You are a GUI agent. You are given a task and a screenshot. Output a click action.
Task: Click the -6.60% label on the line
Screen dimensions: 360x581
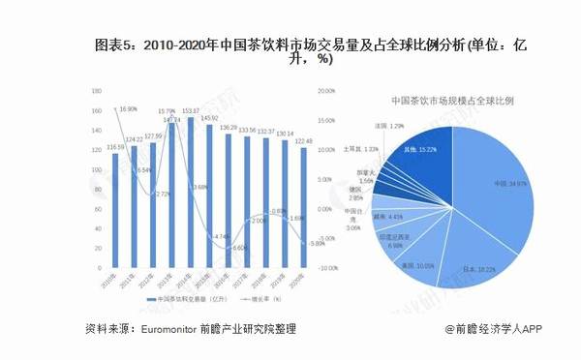(237, 247)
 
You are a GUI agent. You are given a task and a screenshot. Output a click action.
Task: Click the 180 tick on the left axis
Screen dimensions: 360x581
(96, 92)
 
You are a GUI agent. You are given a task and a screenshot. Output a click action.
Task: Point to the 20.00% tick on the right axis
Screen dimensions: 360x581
(326, 92)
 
